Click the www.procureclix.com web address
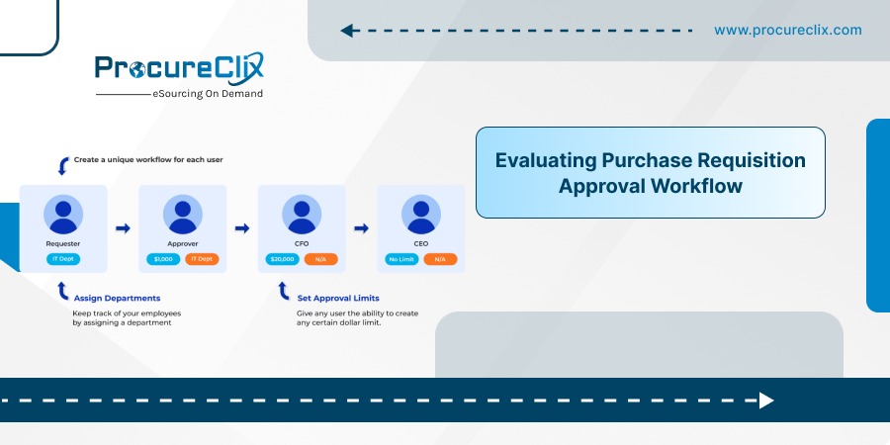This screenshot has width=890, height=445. click(788, 30)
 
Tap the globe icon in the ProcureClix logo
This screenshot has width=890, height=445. click(136, 69)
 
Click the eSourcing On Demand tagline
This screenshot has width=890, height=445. click(208, 94)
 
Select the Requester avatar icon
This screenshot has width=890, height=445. click(63, 215)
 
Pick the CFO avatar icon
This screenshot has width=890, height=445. click(302, 215)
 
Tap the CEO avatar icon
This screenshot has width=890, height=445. click(420, 215)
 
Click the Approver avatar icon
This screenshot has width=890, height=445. click(182, 215)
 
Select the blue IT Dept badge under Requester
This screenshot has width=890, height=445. click(63, 259)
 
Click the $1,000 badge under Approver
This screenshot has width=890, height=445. click(163, 259)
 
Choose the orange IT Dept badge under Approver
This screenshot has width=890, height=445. click(202, 259)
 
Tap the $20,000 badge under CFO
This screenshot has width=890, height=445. click(282, 259)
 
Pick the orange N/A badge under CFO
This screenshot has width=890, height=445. click(320, 259)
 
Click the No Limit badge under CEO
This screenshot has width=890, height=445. click(401, 259)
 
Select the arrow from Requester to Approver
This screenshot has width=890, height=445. click(123, 228)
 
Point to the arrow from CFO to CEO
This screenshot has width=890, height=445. click(361, 228)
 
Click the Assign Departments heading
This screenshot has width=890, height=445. click(117, 298)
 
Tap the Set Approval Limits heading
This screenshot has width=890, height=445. click(338, 298)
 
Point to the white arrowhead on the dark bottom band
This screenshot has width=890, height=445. click(766, 400)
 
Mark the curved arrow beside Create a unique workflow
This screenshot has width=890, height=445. click(63, 166)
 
